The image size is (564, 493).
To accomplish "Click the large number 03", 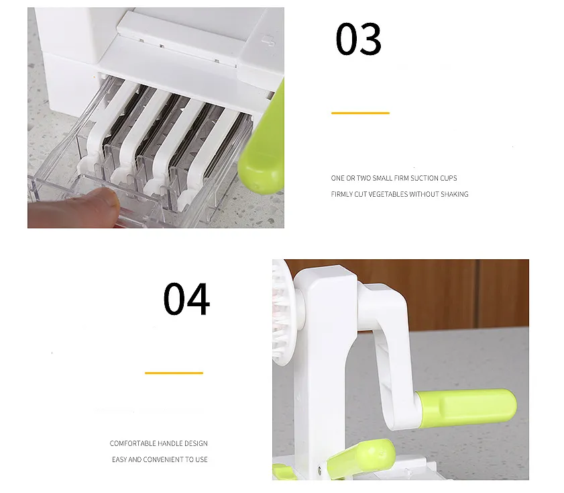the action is click(358, 39).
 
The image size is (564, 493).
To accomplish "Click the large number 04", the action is click(186, 300).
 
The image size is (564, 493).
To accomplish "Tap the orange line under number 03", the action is click(360, 113).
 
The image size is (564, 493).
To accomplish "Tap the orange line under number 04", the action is click(174, 373).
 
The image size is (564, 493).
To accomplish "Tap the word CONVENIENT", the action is click(163, 459).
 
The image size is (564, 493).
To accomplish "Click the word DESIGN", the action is click(196, 443).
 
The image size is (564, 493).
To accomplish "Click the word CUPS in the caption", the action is click(449, 178).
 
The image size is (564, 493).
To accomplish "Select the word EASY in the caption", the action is click(119, 459).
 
